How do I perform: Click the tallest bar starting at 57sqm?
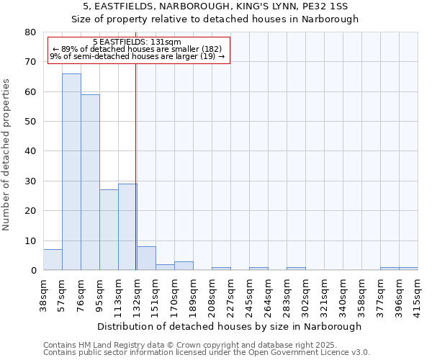click(71, 172)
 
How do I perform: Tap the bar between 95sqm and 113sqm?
click(109, 230)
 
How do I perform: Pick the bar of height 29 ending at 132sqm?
click(127, 227)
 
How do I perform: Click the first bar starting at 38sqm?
click(53, 260)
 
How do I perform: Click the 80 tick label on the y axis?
click(30, 32)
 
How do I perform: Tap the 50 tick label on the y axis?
click(30, 122)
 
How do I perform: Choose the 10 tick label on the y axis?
click(30, 241)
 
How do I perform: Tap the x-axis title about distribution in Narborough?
click(229, 326)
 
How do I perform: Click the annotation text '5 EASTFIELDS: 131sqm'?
click(137, 42)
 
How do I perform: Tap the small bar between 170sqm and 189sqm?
click(184, 266)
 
